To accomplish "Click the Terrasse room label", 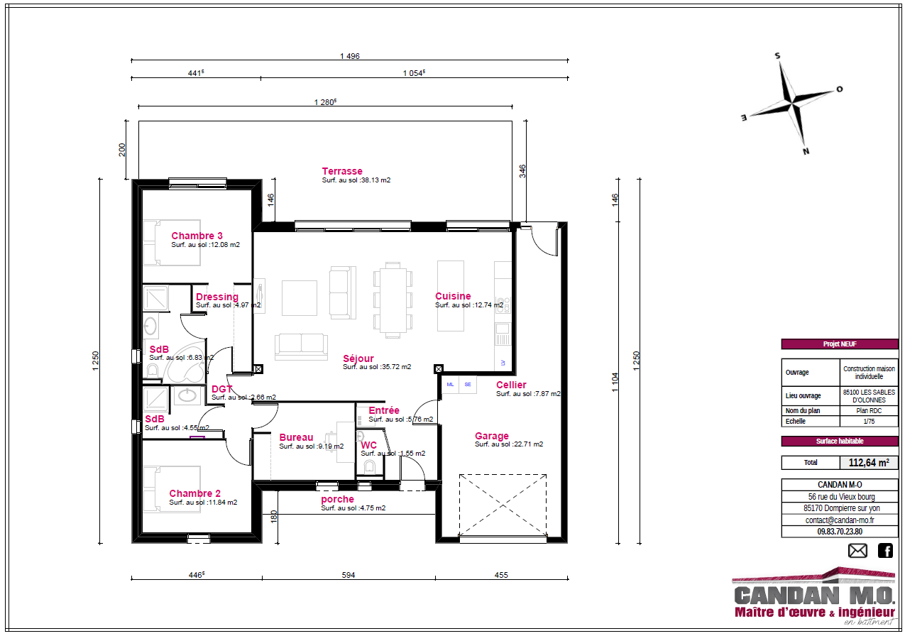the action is pyautogui.click(x=342, y=171).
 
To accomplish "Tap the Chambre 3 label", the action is pyautogui.click(x=197, y=236).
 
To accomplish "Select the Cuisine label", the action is pyautogui.click(x=453, y=296).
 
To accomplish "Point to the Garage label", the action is pyautogui.click(x=492, y=436).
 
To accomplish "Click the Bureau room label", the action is pyautogui.click(x=296, y=437).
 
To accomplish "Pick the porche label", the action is pyautogui.click(x=337, y=500).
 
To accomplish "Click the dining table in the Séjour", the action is pyautogui.click(x=393, y=300).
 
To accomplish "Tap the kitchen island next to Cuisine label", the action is pyautogui.click(x=451, y=296).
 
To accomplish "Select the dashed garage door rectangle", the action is pyautogui.click(x=503, y=505).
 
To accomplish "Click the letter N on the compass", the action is pyautogui.click(x=806, y=151).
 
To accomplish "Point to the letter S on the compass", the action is pyautogui.click(x=777, y=56).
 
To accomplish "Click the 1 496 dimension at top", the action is pyautogui.click(x=350, y=56).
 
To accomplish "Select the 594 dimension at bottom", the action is pyautogui.click(x=349, y=574).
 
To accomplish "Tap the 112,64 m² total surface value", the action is pyautogui.click(x=869, y=463).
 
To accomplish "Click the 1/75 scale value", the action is pyautogui.click(x=869, y=421).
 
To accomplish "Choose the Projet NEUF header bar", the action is pyautogui.click(x=840, y=344).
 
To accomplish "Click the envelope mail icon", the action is pyautogui.click(x=857, y=551).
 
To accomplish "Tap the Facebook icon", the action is pyautogui.click(x=885, y=551).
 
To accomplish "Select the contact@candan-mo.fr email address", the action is pyautogui.click(x=840, y=520).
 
